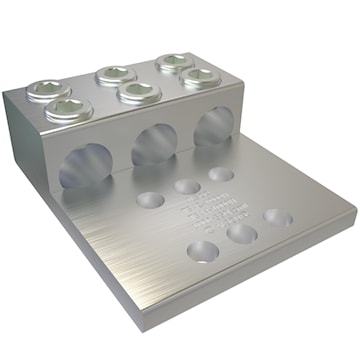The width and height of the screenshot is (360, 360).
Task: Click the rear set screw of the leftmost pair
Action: [x=47, y=90]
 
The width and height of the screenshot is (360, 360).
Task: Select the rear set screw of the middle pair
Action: [x=115, y=74]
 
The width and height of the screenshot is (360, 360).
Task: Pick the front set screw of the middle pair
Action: [x=139, y=92]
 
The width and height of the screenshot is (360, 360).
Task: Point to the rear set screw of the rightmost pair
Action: [x=175, y=63]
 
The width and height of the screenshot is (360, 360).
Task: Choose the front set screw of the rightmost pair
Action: [x=201, y=77]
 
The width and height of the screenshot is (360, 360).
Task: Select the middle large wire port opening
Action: [x=153, y=144]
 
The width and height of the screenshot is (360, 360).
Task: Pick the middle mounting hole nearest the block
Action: [x=186, y=186]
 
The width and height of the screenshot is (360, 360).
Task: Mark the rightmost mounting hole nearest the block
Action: [x=221, y=174]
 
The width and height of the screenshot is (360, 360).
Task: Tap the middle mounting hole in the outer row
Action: [x=241, y=234]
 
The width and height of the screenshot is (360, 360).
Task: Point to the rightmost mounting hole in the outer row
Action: [x=277, y=217]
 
